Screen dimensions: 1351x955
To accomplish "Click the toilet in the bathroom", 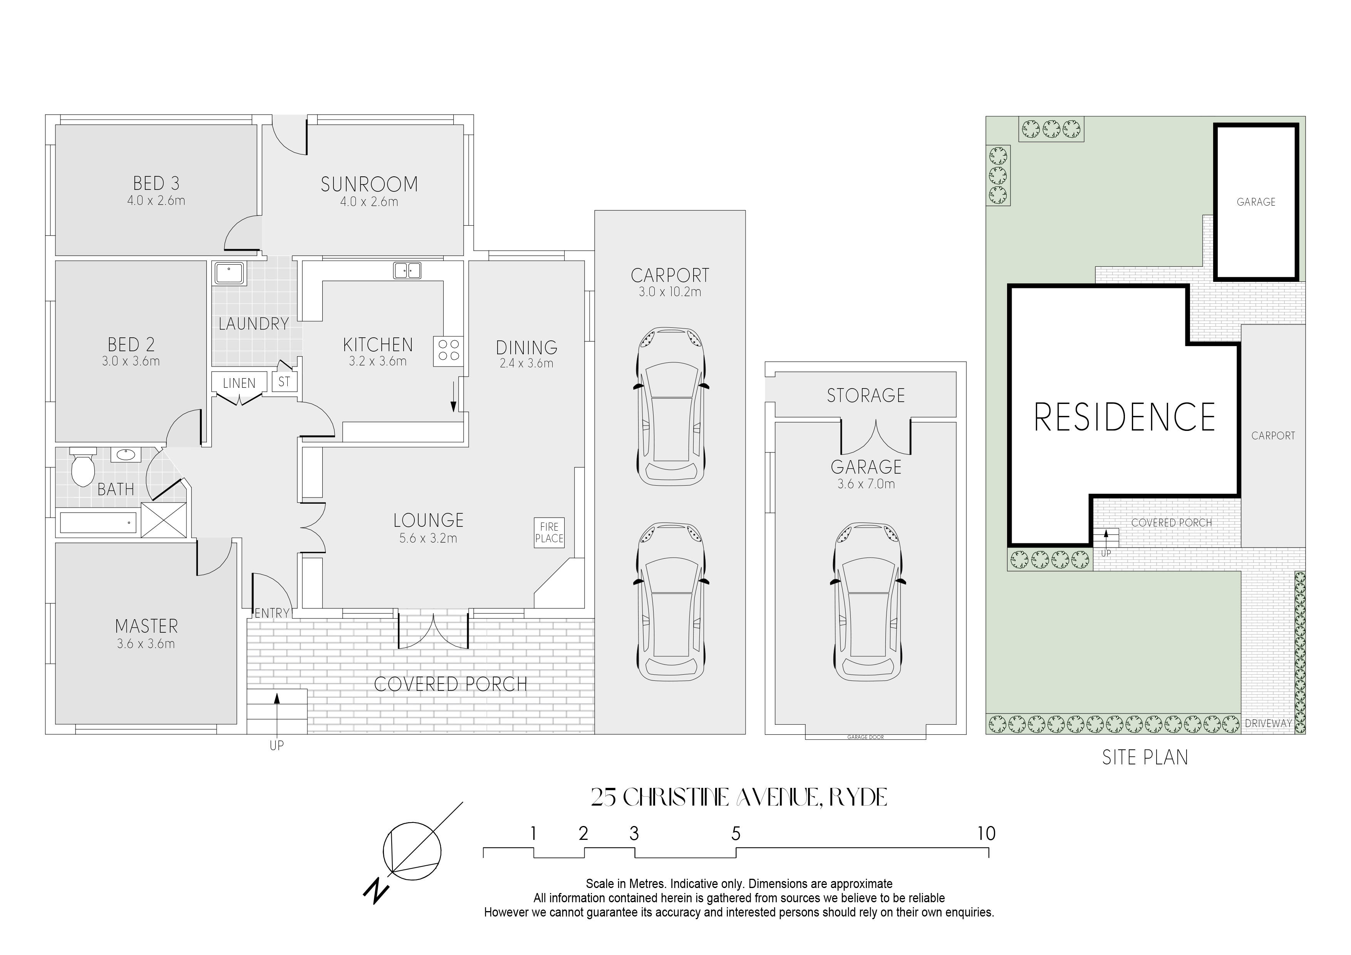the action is (x=82, y=467).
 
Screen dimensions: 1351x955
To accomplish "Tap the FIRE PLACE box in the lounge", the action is (x=549, y=533).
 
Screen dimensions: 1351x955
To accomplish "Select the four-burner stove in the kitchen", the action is (x=448, y=351).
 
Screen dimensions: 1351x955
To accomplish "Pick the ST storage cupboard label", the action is (x=284, y=382).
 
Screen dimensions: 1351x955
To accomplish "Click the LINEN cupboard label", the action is (x=239, y=383).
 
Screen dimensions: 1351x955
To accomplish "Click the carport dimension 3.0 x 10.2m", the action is (x=670, y=292).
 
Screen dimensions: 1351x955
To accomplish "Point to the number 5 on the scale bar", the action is (x=736, y=833).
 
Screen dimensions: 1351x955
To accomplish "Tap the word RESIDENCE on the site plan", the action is (x=1125, y=417).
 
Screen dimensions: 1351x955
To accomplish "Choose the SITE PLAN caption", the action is (x=1145, y=757).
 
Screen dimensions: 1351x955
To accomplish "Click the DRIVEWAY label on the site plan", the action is (x=1268, y=724).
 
